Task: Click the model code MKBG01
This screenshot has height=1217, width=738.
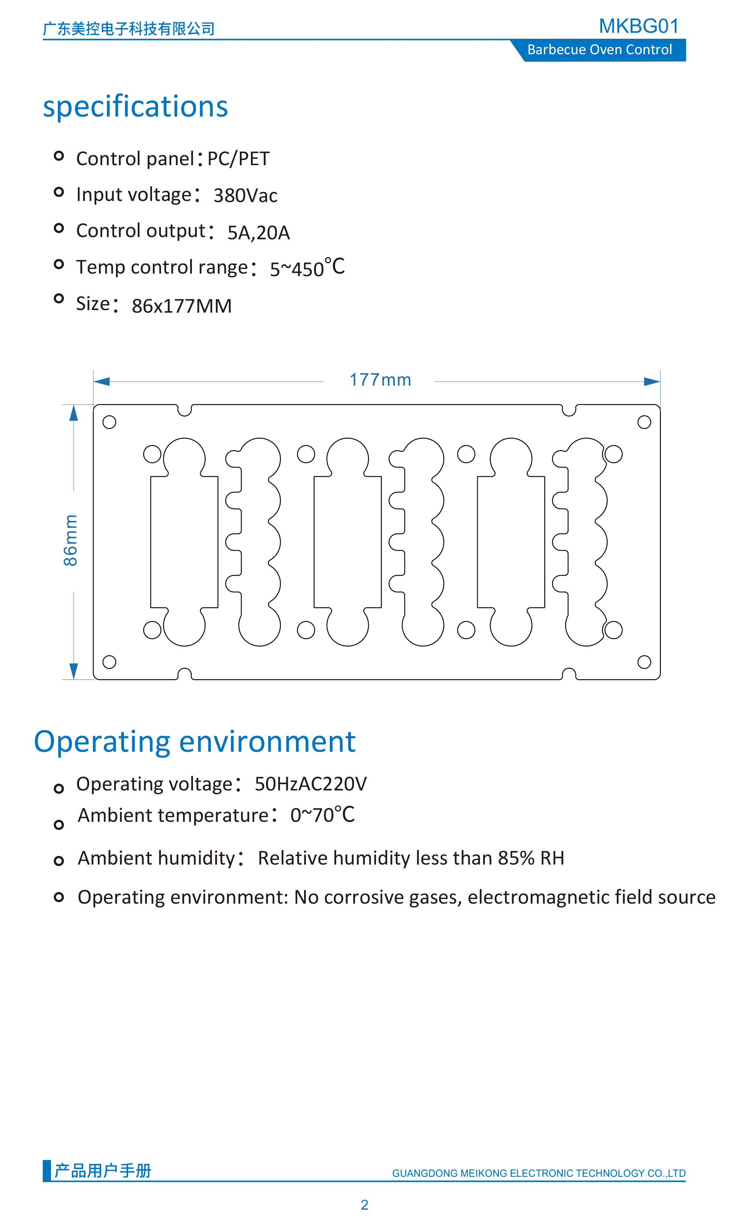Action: pyautogui.click(x=639, y=26)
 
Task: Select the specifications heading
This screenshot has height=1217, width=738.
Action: pyautogui.click(x=135, y=107)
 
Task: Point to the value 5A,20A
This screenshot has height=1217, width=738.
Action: pyautogui.click(x=259, y=233)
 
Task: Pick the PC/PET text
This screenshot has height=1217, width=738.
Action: pyautogui.click(x=238, y=159)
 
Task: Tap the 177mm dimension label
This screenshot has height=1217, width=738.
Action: pyautogui.click(x=380, y=380)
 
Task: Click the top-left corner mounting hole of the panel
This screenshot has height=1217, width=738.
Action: pyautogui.click(x=109, y=422)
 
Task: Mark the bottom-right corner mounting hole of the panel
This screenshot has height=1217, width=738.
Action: pyautogui.click(x=644, y=662)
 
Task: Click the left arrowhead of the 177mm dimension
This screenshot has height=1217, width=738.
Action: pyautogui.click(x=101, y=381)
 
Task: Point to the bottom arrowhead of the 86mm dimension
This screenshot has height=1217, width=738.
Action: pyautogui.click(x=74, y=671)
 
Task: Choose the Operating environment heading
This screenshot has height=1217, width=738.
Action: pyautogui.click(x=195, y=742)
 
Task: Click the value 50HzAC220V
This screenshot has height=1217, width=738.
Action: pyautogui.click(x=310, y=784)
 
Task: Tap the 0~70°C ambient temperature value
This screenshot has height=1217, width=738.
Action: pyautogui.click(x=322, y=815)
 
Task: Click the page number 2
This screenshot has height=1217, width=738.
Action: pyautogui.click(x=364, y=1205)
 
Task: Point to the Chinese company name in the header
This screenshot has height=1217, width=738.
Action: pyautogui.click(x=128, y=29)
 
